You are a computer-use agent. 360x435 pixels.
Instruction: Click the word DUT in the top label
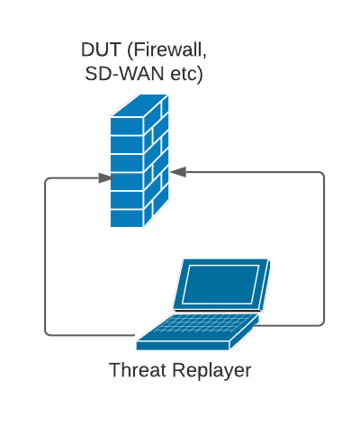[101, 50]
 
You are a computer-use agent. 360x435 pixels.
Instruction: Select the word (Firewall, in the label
[167, 50]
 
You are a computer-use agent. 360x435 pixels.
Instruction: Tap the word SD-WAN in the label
[124, 74]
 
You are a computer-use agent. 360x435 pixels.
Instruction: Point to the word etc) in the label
[186, 75]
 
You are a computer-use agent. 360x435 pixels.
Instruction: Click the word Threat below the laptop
[138, 369]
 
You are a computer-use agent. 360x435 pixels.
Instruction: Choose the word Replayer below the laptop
[211, 371]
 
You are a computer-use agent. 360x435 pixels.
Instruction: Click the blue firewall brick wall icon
[139, 160]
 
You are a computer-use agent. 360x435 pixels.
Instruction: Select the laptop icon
[203, 304]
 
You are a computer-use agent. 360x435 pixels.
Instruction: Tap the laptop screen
[220, 285]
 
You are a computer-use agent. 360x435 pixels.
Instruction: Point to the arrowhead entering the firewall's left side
[106, 177]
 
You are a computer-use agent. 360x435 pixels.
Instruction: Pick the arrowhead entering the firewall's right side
[178, 172]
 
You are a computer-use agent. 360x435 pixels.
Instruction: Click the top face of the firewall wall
[139, 105]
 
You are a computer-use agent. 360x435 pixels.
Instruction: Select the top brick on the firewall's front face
[127, 126]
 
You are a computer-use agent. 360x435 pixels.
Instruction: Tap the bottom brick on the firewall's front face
[127, 218]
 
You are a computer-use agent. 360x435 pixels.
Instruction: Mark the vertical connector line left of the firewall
[45, 257]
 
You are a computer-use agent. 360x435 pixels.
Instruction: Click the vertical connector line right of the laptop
[324, 249]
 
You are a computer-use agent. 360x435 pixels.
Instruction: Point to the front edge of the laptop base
[183, 346]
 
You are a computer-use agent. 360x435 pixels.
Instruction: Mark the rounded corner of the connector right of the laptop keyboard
[321, 323]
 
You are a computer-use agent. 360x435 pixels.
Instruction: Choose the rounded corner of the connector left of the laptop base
[48, 332]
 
